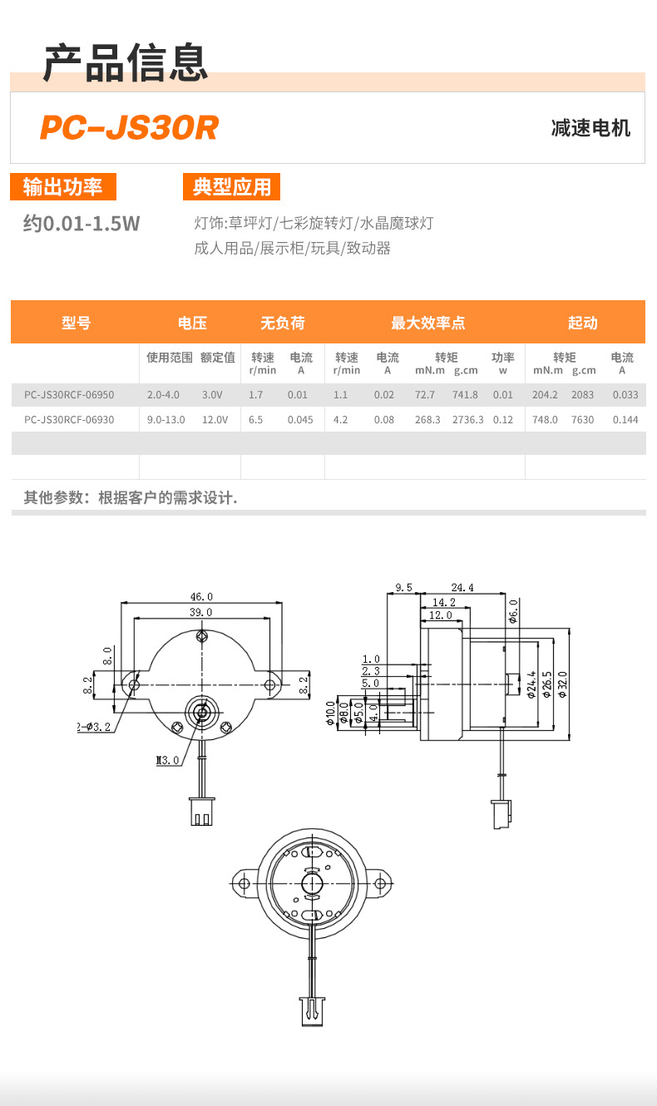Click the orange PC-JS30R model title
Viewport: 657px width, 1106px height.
coord(129,128)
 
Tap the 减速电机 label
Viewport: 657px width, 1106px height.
coord(590,128)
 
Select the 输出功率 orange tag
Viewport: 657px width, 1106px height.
coord(62,187)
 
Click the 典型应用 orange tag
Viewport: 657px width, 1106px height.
coord(232,187)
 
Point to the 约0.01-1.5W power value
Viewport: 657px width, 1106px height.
coord(82,223)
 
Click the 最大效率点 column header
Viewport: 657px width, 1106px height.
coord(427,323)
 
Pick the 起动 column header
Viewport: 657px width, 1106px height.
coord(582,323)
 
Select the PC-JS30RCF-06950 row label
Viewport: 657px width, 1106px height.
coord(69,395)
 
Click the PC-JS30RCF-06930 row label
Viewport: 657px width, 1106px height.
coord(69,420)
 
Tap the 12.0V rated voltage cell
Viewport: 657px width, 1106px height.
coord(215,420)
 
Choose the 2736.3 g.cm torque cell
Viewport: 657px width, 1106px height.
coord(467,420)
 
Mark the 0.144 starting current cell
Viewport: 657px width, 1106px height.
coord(625,420)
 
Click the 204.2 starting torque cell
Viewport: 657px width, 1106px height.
coord(545,395)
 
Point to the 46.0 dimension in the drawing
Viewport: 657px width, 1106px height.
coord(201,596)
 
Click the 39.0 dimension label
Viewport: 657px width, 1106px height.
coord(201,612)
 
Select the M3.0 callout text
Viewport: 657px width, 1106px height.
coord(168,760)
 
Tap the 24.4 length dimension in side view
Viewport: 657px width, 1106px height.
coord(462,587)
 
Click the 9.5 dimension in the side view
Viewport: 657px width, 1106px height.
coord(404,587)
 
